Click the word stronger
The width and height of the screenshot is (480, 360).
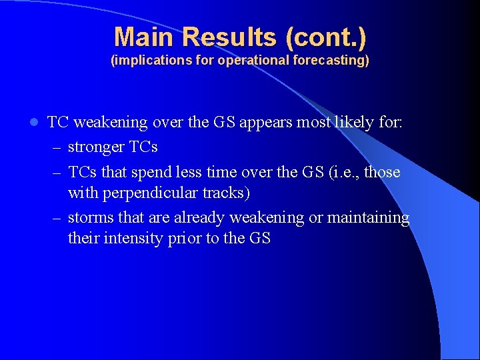(x=95, y=147)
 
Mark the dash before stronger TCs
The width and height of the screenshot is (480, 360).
(x=55, y=147)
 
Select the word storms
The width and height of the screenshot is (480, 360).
(x=91, y=218)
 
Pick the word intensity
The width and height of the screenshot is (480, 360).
(x=137, y=239)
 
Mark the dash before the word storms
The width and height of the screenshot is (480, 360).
(x=55, y=218)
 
